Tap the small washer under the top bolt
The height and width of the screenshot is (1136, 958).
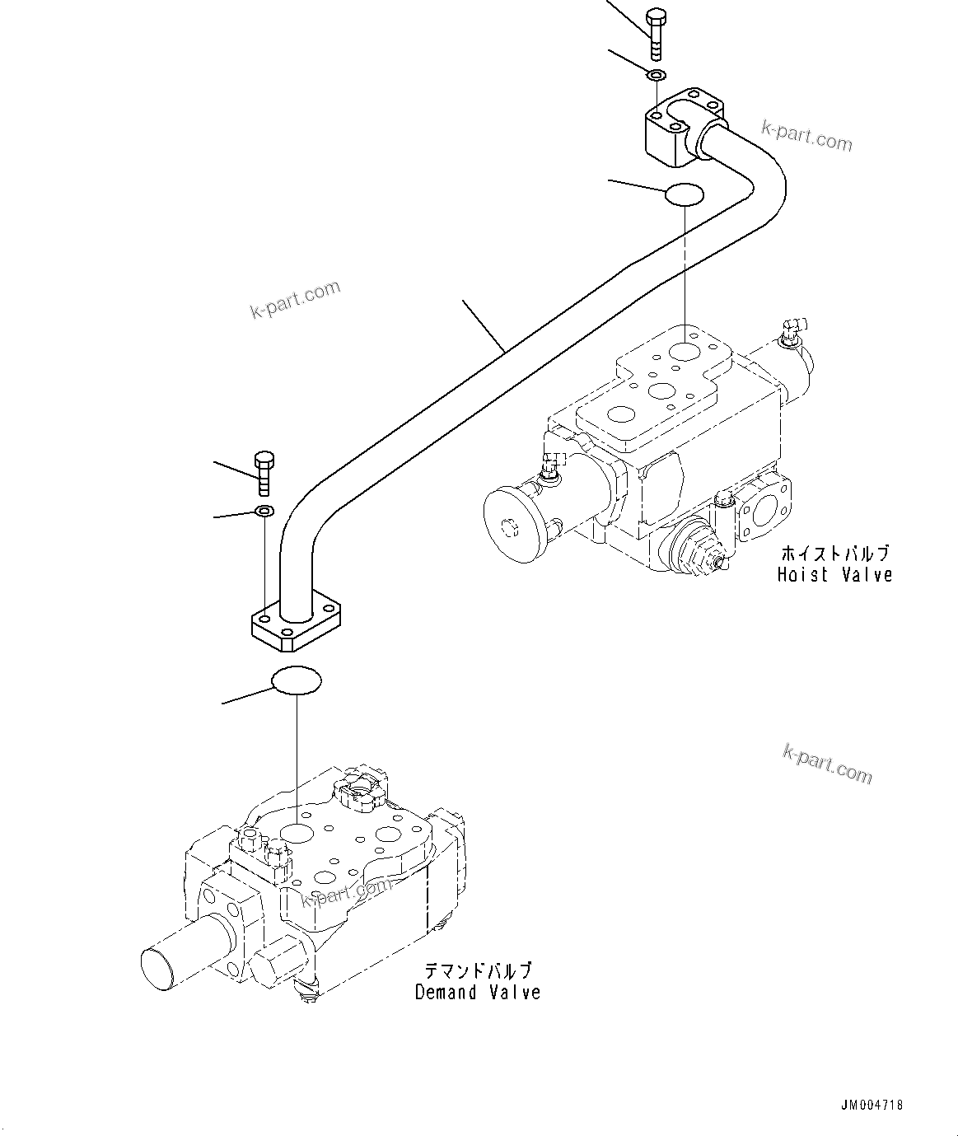pyautogui.click(x=656, y=76)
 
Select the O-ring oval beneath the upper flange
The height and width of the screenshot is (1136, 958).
pyautogui.click(x=684, y=195)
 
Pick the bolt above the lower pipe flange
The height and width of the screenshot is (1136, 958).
pyautogui.click(x=264, y=473)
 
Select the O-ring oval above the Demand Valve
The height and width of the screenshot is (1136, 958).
pyautogui.click(x=297, y=680)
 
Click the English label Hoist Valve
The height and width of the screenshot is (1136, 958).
pyautogui.click(x=834, y=574)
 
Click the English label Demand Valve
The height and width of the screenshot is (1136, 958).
pyautogui.click(x=478, y=992)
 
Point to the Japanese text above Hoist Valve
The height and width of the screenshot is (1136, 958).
pyautogui.click(x=834, y=553)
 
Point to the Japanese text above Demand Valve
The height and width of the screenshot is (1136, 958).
pyautogui.click(x=478, y=970)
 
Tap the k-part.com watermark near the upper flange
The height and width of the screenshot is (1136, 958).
pyautogui.click(x=806, y=136)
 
